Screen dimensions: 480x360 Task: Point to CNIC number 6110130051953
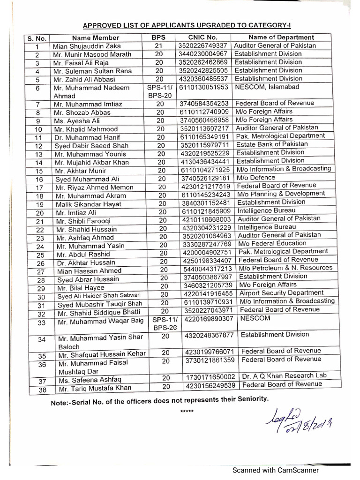(x=204, y=87)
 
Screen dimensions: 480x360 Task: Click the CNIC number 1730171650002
(x=210, y=377)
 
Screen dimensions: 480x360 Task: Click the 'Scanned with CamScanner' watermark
(x=277, y=470)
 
